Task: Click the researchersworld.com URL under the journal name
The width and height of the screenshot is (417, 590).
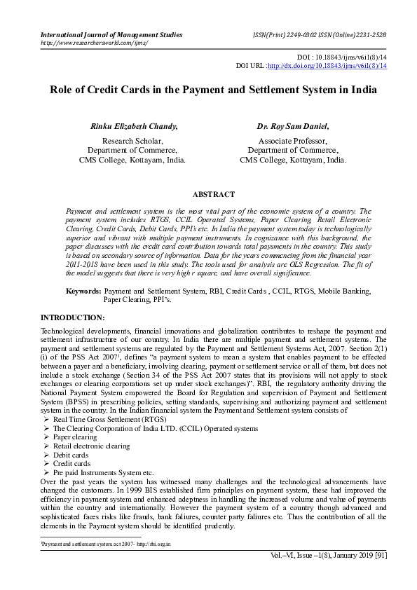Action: pyautogui.click(x=94, y=43)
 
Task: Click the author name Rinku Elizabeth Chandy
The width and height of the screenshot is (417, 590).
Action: pyautogui.click(x=134, y=127)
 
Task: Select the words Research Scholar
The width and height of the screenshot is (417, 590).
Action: pyautogui.click(x=132, y=140)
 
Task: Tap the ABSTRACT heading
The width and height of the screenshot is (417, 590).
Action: pyautogui.click(x=213, y=194)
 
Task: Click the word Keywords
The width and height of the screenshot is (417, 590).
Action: pyautogui.click(x=83, y=290)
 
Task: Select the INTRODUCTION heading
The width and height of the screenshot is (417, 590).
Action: pyautogui.click(x=73, y=317)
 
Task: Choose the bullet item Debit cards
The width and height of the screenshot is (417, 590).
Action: pyautogui.click(x=72, y=454)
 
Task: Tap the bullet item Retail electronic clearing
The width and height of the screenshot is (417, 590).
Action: pyautogui.click(x=91, y=445)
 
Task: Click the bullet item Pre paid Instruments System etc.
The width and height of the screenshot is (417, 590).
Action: pyautogui.click(x=103, y=472)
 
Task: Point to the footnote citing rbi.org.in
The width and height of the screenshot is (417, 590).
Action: pyautogui.click(x=106, y=543)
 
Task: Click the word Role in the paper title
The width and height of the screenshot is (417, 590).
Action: pyautogui.click(x=62, y=90)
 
